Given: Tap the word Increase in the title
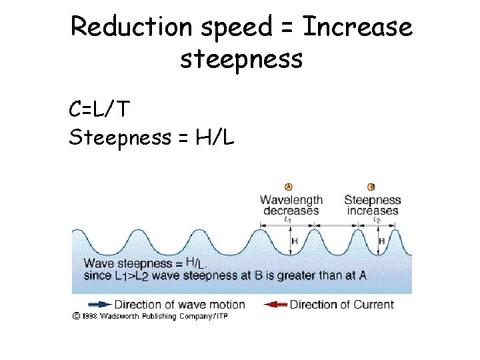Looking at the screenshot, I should (357, 28).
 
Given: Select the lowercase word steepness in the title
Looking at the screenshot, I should (241, 59).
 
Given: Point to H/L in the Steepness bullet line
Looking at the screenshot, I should (213, 138).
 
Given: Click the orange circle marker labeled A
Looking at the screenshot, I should (289, 187).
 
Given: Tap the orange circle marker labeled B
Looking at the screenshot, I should (371, 187).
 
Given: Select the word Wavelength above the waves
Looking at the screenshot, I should (291, 200).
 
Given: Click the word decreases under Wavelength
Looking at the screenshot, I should (291, 211).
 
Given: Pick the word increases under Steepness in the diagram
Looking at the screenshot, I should (372, 211).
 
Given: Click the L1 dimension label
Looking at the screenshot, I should (287, 219).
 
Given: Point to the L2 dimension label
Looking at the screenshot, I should (377, 219).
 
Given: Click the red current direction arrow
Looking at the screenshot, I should (275, 305).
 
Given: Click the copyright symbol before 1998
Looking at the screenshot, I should (77, 316).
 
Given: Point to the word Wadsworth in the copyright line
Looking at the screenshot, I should (121, 316).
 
